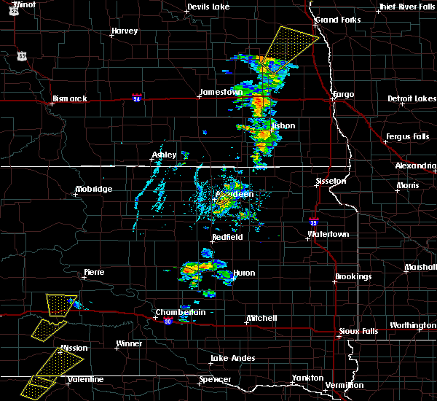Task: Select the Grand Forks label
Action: tap(337, 20)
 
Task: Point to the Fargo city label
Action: tap(343, 95)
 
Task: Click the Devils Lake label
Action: tap(208, 7)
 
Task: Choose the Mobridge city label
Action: tap(94, 190)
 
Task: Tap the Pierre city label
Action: tap(94, 272)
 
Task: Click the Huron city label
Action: tap(244, 273)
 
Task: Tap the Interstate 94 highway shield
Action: tap(136, 96)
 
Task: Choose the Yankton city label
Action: tap(307, 378)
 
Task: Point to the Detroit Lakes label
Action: tap(412, 98)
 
